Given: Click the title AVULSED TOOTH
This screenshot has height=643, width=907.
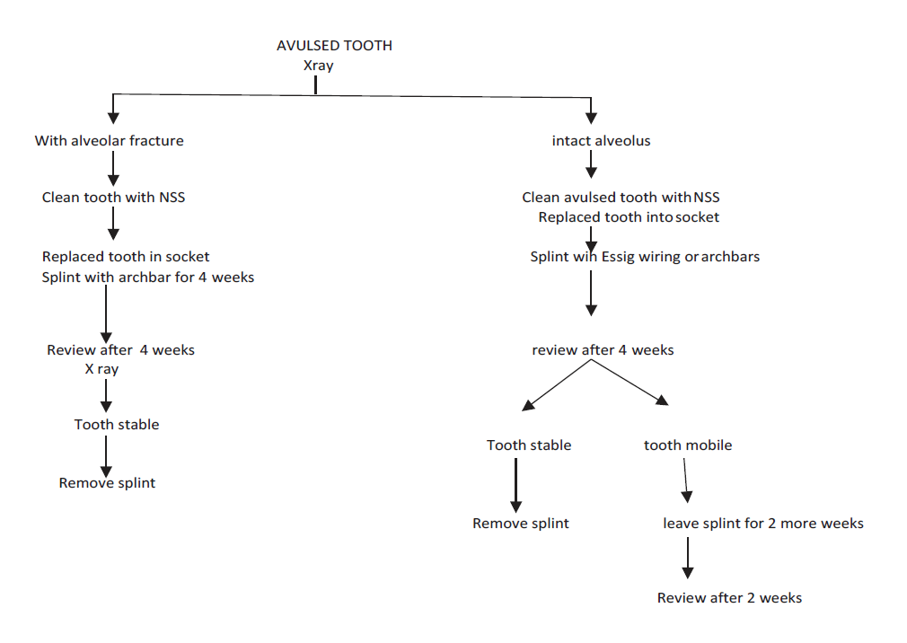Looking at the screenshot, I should (334, 46).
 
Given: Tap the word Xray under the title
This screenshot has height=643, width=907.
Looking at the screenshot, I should (318, 65).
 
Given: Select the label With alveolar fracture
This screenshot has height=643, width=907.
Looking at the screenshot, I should (110, 141).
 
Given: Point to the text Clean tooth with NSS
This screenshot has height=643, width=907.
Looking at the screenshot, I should (113, 198).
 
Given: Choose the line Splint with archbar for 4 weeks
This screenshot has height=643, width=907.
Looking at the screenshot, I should (148, 277).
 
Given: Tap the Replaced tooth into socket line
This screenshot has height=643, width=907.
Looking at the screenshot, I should (629, 217).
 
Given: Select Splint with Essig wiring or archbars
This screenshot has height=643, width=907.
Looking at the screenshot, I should (645, 257).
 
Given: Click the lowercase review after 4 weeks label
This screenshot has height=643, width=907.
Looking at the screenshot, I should (603, 349).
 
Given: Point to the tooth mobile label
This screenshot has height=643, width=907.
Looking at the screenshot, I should (688, 445).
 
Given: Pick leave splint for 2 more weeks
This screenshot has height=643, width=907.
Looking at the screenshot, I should (763, 524).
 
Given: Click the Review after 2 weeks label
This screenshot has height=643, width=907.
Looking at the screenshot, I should (729, 598).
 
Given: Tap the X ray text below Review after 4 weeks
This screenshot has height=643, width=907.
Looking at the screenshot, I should (101, 369).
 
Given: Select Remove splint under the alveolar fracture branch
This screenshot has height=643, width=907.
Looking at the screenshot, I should (107, 483).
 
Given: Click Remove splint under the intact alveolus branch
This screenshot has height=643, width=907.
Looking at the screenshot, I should (521, 524).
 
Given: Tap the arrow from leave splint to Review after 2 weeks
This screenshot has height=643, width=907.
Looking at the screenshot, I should (688, 559).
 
